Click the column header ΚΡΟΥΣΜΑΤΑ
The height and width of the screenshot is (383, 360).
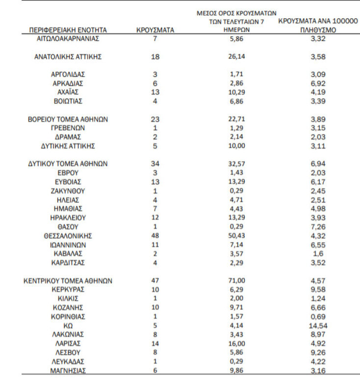[154, 30]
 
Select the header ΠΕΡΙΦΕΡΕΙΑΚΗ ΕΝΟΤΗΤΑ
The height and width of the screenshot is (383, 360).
[68, 30]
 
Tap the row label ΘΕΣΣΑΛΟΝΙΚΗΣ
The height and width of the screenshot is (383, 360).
[68, 235]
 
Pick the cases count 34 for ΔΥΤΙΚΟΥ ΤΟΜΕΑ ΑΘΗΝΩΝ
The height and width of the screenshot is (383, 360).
[155, 164]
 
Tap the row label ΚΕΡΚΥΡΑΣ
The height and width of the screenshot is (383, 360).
[68, 289]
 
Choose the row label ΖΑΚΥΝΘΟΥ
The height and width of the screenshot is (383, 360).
[68, 191]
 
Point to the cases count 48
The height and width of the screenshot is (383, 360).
[155, 235]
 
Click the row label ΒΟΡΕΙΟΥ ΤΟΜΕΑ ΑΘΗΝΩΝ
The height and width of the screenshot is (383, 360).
[68, 119]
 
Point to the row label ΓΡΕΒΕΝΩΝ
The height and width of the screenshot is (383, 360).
[68, 128]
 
